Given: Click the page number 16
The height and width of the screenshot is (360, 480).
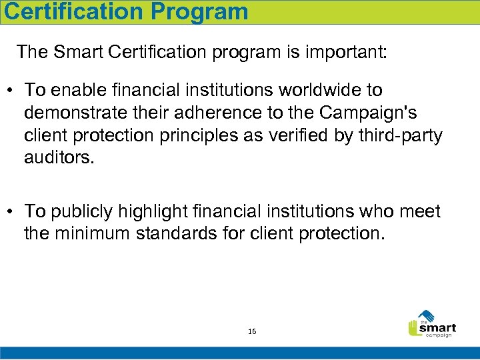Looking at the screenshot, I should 252,331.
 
